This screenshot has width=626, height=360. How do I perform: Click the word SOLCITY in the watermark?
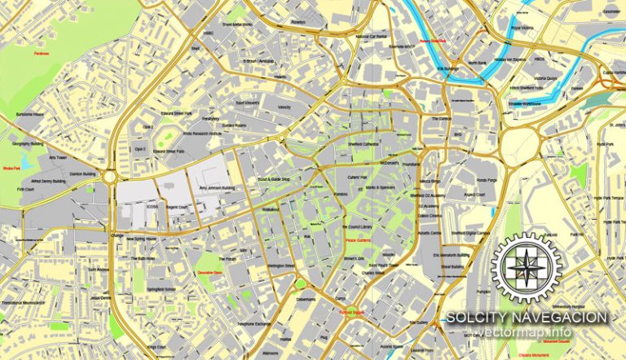pos(477,317)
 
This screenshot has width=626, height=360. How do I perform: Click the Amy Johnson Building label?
pos(216,188)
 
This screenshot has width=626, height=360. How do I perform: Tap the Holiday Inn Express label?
pos(510,60)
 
